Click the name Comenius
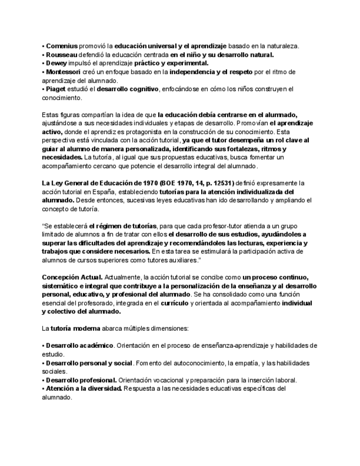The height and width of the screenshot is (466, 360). click(x=62, y=46)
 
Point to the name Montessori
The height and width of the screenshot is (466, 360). click(x=63, y=72)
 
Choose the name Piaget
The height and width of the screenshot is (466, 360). click(x=57, y=89)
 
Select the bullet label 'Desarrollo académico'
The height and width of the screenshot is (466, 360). click(x=79, y=346)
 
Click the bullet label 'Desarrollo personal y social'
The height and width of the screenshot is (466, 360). click(x=88, y=363)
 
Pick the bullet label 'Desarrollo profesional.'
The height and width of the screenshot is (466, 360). click(x=81, y=380)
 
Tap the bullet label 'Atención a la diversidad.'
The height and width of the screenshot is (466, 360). click(x=84, y=389)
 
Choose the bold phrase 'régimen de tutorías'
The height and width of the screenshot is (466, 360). click(x=122, y=226)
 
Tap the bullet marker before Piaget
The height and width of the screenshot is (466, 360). click(x=43, y=89)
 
